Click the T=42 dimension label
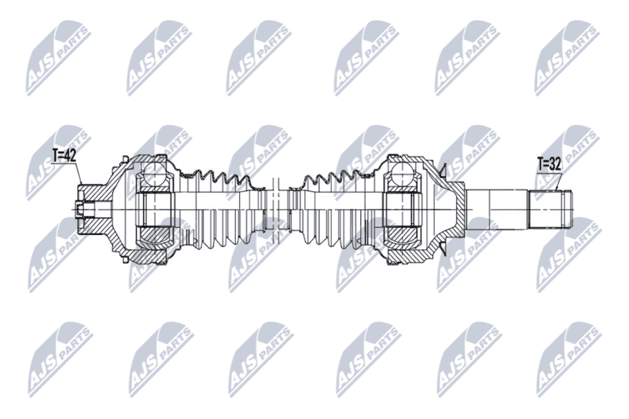click(64, 155)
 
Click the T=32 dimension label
click(549, 164)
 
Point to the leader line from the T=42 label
click(79, 173)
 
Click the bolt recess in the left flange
click(85, 209)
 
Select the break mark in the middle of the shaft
click(276, 204)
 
